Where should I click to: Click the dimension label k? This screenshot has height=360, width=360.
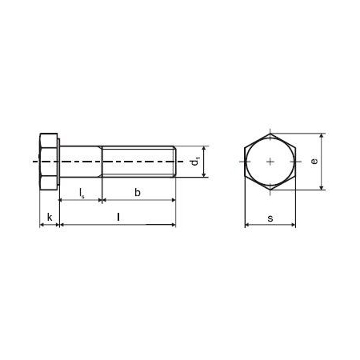click(x=50, y=218)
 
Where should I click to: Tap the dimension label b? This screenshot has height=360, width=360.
click(x=138, y=193)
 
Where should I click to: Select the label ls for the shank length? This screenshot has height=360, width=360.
click(x=82, y=193)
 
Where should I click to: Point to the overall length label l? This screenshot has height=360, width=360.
click(x=118, y=217)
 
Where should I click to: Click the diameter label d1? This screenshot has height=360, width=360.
click(x=195, y=162)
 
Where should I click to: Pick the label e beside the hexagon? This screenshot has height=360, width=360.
click(x=314, y=162)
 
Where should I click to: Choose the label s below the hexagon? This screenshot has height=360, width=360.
click(x=270, y=218)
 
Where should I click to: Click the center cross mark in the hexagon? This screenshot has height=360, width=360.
click(x=270, y=162)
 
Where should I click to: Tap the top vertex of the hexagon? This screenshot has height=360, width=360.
click(x=270, y=134)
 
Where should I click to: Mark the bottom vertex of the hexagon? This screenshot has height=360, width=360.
click(x=270, y=190)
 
